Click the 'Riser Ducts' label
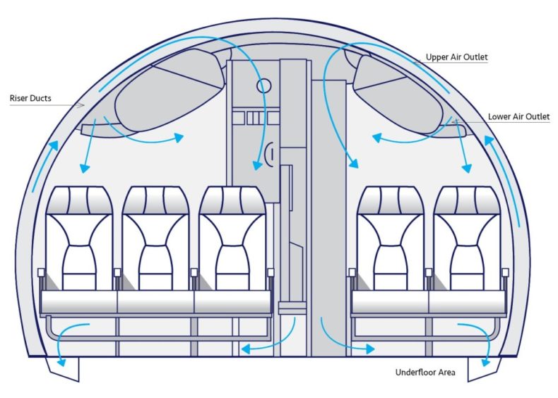click(30, 98)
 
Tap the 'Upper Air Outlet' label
click(456, 57)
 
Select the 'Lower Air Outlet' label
click(518, 116)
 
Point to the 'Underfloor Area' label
click(425, 373)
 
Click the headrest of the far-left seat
click(79, 200)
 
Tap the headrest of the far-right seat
click(467, 200)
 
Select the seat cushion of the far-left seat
click(79, 301)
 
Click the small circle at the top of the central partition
click(263, 85)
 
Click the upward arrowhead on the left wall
click(54, 146)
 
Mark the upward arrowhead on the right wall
click(489, 140)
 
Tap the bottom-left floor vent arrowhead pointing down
click(61, 362)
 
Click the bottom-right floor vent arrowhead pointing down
click(485, 362)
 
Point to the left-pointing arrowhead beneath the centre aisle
click(247, 349)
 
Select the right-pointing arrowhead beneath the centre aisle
click(369, 349)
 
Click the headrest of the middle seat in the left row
click(155, 200)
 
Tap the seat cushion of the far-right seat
click(467, 301)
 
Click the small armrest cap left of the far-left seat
click(41, 272)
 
